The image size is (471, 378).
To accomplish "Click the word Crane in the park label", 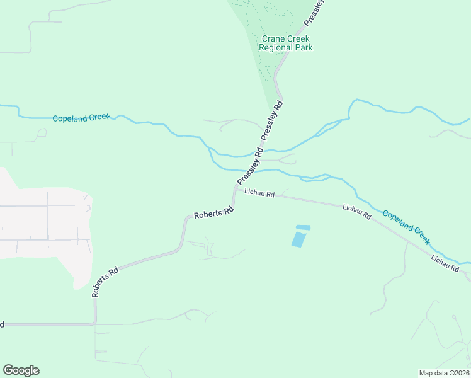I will point(273,38).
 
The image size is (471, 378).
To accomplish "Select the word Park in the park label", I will point(304,47).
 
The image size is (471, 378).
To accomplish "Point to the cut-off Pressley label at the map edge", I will point(314,13).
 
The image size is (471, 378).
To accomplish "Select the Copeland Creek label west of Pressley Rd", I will point(81,118).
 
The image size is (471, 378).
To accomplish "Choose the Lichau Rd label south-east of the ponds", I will point(356,211).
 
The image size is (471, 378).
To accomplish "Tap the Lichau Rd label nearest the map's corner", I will point(445,263).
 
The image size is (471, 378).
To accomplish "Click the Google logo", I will point(21,370).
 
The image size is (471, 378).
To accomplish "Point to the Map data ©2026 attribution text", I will point(445,373).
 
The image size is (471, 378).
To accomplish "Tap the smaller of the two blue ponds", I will point(303,227).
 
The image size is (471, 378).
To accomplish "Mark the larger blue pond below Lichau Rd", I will point(298,239).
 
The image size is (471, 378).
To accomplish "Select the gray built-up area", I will point(44,227).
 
